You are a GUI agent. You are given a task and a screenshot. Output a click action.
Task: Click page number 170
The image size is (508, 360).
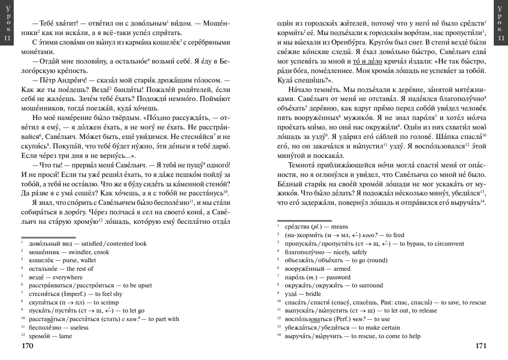coord(28,346)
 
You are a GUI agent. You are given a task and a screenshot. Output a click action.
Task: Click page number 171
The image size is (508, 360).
coord(480,346)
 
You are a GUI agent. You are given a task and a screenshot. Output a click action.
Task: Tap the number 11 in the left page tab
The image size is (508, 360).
coord(7,39)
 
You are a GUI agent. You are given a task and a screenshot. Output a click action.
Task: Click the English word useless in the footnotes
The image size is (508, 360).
coord(79,327)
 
